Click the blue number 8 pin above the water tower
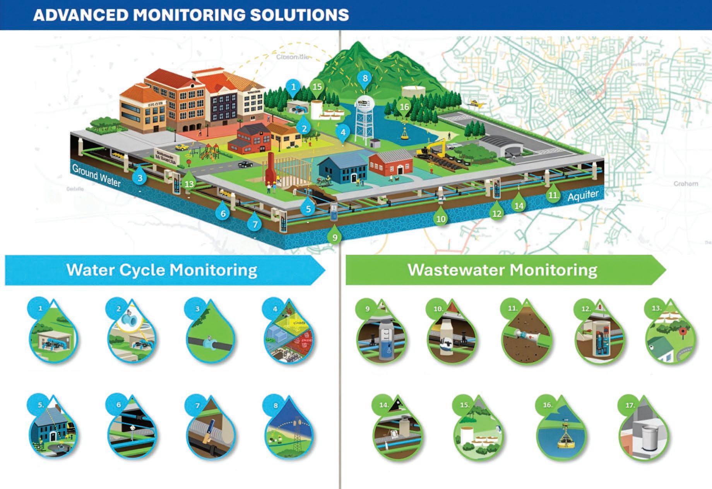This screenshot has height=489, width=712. [x=365, y=79]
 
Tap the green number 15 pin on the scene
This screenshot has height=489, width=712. [x=317, y=87]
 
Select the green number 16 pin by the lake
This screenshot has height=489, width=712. [x=404, y=106]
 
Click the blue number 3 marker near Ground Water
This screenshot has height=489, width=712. [x=140, y=178]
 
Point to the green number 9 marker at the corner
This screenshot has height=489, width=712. [x=335, y=237]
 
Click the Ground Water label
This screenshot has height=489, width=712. [x=96, y=175]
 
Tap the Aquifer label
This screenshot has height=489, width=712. [x=583, y=196]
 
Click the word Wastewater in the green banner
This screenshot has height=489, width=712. [x=455, y=270]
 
